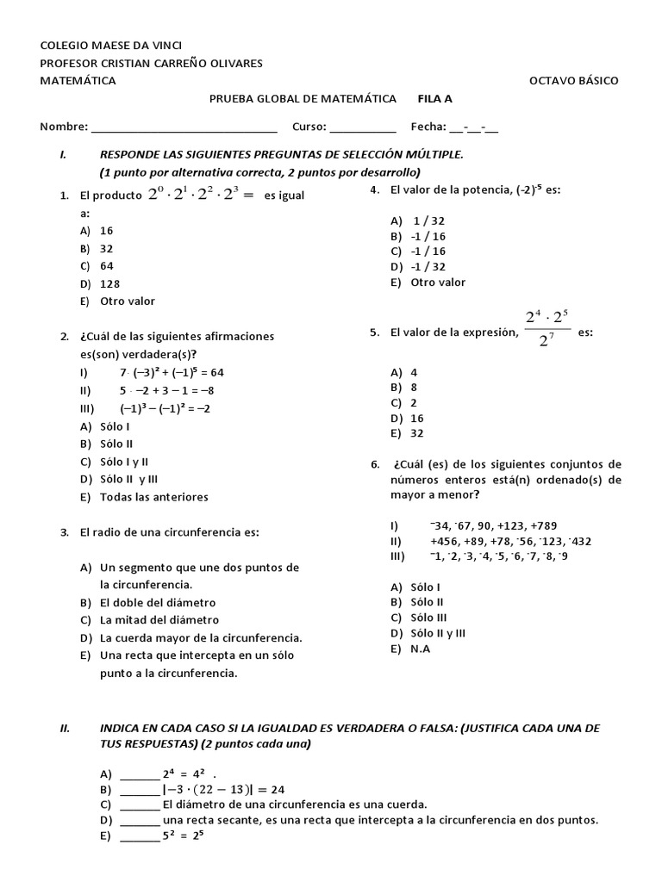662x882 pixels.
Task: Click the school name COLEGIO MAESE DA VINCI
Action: click(111, 46)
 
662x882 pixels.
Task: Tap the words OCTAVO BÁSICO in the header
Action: click(573, 80)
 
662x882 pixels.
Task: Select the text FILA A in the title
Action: click(435, 99)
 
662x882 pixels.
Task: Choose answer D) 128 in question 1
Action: click(100, 283)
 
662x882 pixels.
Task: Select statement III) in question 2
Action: click(153, 408)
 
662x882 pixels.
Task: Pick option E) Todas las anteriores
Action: click(144, 497)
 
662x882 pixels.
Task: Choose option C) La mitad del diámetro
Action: click(149, 620)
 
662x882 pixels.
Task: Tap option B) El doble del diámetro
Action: click(147, 602)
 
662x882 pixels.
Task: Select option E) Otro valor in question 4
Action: click(428, 283)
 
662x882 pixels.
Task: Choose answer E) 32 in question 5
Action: click(408, 433)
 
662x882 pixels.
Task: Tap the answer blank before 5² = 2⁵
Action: click(140, 836)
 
